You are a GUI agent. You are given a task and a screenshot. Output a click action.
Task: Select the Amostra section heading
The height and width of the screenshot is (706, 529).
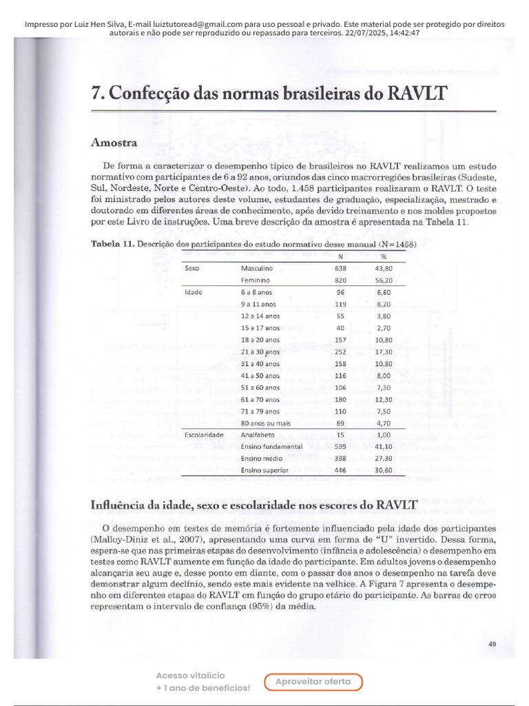point(114,143)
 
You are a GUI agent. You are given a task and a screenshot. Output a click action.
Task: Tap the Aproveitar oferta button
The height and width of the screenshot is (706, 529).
point(313,682)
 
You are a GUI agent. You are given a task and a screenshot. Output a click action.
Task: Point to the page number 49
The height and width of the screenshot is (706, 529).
point(492,644)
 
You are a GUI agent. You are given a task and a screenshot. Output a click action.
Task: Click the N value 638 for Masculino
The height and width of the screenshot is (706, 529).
point(341,268)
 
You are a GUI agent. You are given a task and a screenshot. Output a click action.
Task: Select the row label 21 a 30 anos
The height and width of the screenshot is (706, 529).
point(260,352)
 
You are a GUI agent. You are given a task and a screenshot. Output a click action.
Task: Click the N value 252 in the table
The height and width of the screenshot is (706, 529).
point(341,352)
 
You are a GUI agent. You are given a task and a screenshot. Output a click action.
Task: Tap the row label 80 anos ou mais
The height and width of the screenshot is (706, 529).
point(266,423)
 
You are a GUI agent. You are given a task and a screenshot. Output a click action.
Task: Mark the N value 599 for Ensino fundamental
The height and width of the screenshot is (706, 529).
point(341,447)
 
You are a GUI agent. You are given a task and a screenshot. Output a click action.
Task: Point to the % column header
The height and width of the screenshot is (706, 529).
point(384,256)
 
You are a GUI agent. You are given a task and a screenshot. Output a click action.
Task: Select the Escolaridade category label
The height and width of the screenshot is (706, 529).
point(205,435)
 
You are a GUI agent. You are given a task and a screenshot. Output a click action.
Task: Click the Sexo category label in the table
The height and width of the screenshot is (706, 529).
point(192,268)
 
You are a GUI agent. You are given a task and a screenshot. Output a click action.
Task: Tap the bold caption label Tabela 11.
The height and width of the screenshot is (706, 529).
point(113,244)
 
